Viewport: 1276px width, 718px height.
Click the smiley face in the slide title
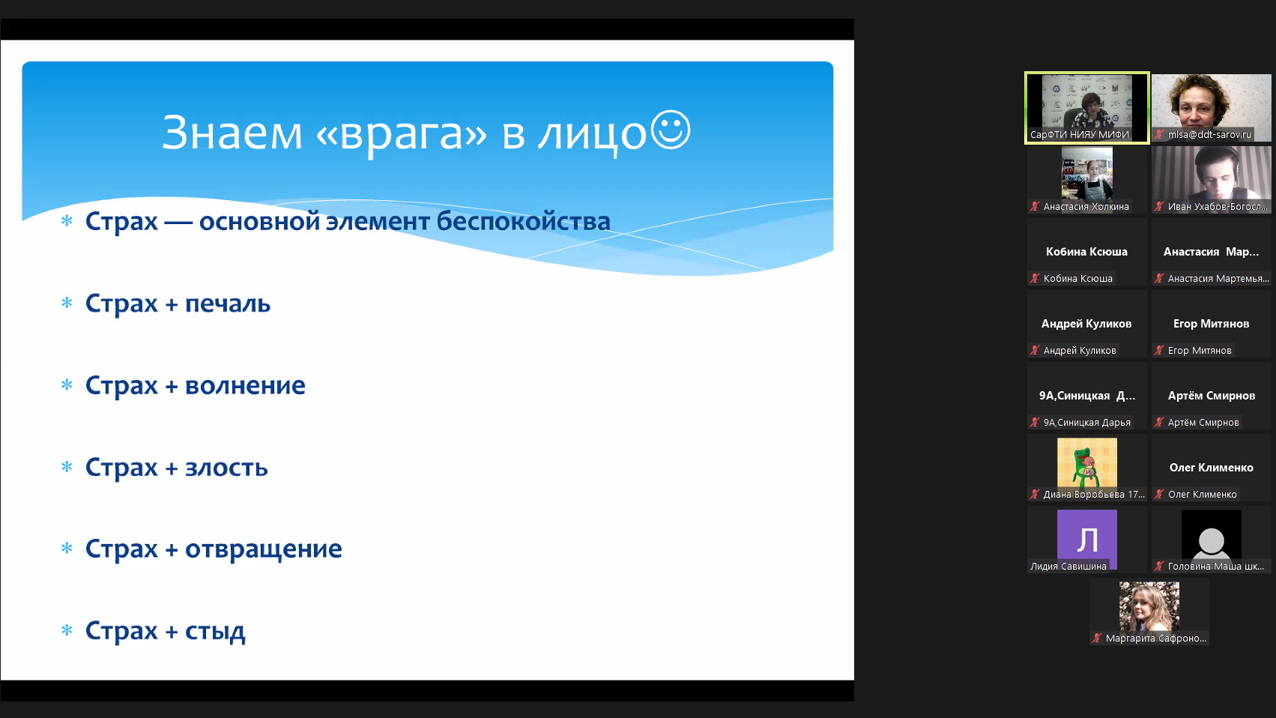pos(671,130)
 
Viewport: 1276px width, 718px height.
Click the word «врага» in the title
pos(401,133)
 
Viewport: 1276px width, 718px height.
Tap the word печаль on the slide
pos(228,303)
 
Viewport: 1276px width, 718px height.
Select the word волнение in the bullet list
pos(246,385)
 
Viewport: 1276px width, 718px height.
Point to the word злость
pos(227,467)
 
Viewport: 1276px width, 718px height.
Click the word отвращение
pos(264,549)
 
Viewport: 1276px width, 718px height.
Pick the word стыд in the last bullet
pos(215,631)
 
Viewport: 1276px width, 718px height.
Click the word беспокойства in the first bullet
pos(524,221)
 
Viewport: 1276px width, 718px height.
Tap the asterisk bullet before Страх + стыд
pos(67,630)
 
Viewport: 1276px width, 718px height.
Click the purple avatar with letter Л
pos(1087,539)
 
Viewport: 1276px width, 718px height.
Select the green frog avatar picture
pos(1087,462)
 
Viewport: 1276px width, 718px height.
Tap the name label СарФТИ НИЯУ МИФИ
pos(1080,134)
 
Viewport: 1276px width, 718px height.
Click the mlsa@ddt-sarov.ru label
pos(1209,134)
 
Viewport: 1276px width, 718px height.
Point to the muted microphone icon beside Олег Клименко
pos(1159,494)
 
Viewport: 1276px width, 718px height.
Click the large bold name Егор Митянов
pos(1211,324)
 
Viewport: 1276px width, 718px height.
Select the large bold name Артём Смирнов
pos(1212,396)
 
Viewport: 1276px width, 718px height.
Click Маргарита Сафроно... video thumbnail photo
pos(1149,606)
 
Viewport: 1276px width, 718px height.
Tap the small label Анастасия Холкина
pos(1086,206)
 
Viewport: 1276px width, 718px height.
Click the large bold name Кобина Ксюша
pos(1087,251)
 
